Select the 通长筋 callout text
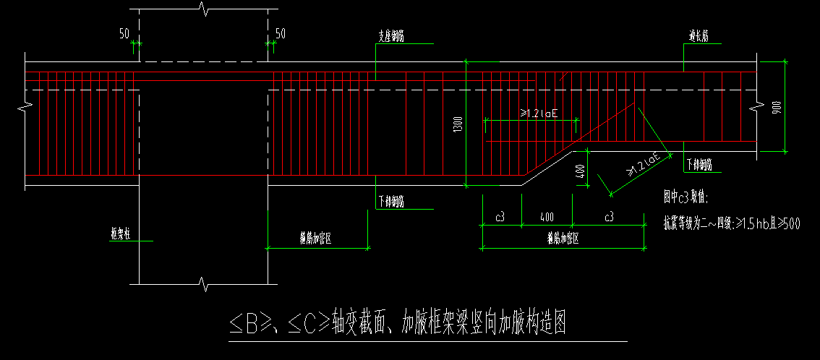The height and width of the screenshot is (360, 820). [698, 36]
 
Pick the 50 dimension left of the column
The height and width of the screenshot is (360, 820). [124, 33]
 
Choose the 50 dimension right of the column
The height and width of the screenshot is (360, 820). [281, 33]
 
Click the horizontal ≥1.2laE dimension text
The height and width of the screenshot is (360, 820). [539, 113]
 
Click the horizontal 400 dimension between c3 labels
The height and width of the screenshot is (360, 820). [546, 217]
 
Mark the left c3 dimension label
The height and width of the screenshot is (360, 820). [500, 217]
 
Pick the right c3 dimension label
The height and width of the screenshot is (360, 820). [609, 217]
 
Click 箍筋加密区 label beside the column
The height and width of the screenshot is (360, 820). [317, 237]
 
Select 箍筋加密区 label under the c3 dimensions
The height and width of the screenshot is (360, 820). [563, 237]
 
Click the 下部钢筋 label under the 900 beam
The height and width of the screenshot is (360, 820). [699, 165]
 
